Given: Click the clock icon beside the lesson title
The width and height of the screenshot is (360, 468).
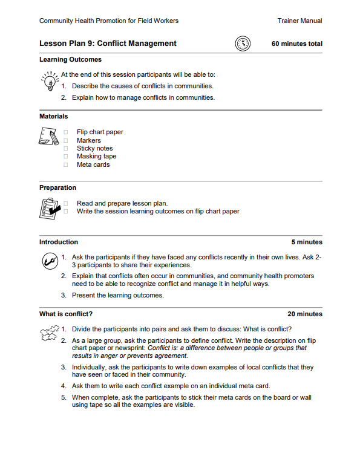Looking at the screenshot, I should click(242, 44).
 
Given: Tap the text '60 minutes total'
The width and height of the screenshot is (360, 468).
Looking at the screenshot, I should click(296, 44).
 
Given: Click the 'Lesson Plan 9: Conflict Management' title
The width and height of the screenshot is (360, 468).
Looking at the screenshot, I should click(108, 44).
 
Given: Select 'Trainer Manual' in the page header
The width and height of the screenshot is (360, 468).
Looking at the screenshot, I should click(299, 21).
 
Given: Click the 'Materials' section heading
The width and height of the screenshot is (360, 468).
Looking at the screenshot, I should click(53, 116).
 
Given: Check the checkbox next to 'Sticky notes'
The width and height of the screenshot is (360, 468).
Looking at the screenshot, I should click(65, 148).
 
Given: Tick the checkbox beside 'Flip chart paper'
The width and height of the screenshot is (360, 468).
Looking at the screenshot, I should click(65, 132).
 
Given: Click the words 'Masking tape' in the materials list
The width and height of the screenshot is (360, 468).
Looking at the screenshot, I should click(96, 156).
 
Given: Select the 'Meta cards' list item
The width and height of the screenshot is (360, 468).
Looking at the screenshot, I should click(93, 164).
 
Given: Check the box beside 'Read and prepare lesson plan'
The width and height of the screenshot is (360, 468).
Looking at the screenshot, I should click(65, 203).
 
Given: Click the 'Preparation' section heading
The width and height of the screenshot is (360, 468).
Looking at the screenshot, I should click(57, 187).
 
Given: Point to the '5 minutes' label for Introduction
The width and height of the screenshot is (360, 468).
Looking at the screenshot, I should click(306, 242).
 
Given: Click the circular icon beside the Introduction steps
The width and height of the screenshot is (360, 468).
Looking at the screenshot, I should click(49, 261).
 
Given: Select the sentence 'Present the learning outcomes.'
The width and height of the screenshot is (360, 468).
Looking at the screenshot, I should click(117, 295).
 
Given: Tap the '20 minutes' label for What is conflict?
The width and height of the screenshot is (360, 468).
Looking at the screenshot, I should click(304, 314).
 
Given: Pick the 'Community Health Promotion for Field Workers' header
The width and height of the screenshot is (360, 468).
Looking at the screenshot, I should click(109, 21).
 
